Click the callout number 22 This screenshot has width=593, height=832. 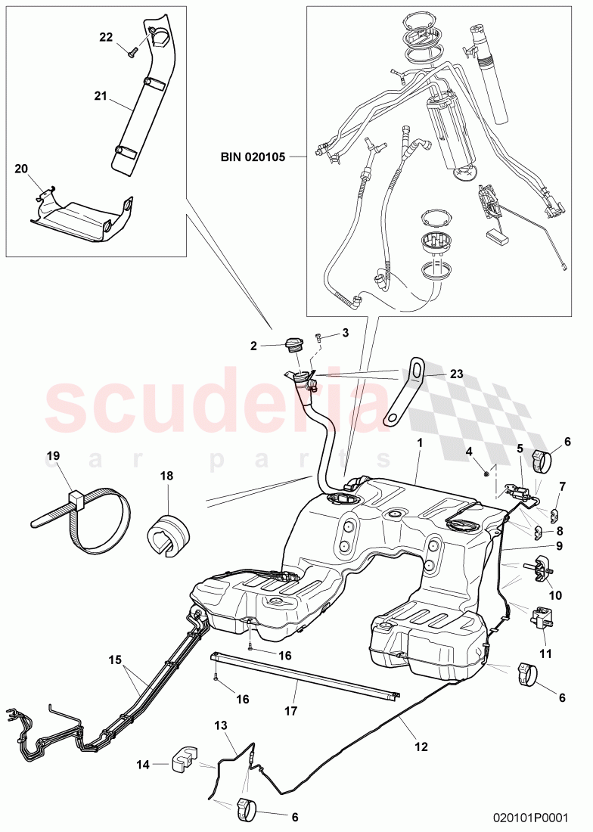106,36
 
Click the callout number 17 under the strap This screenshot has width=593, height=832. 291,711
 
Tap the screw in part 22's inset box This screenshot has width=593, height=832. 130,52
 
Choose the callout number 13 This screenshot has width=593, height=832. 220,726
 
